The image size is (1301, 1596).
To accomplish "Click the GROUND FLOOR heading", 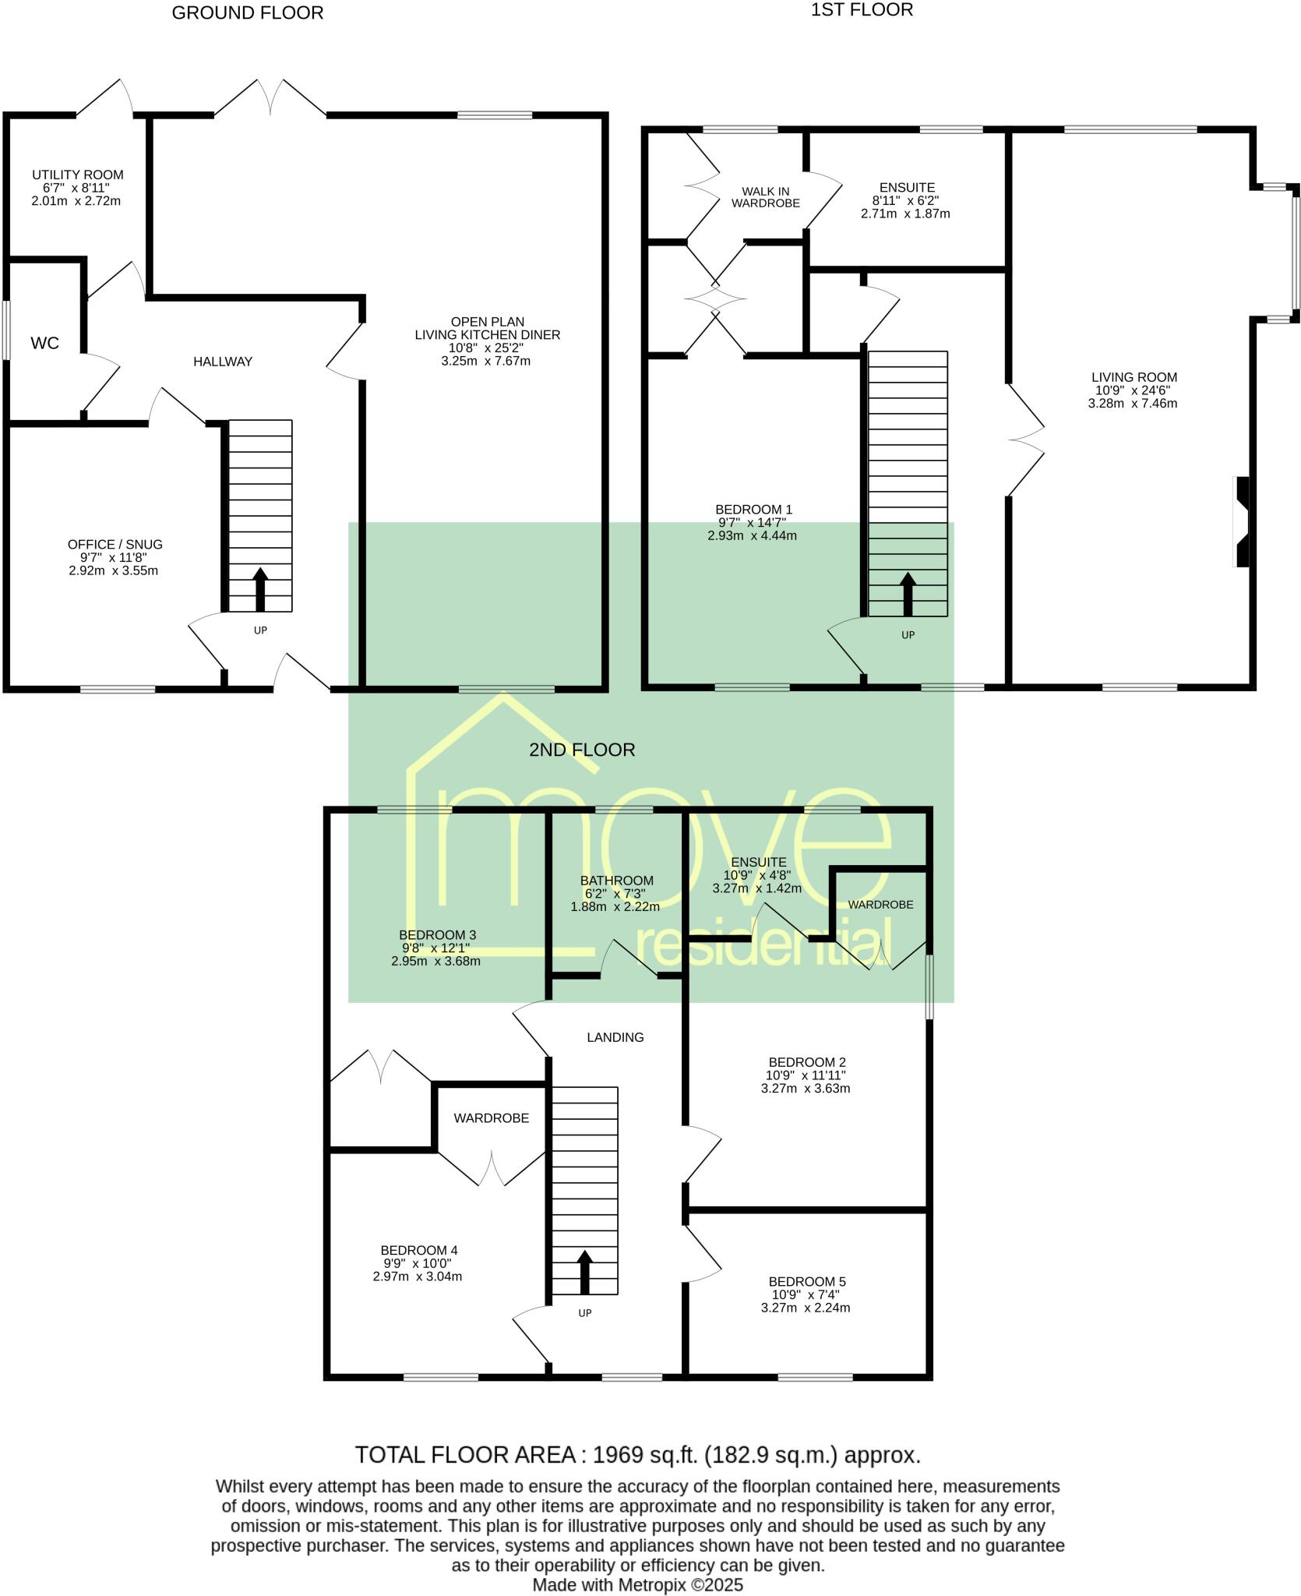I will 247,13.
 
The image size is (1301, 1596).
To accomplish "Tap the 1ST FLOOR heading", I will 862,10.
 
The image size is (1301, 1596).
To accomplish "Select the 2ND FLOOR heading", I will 582,750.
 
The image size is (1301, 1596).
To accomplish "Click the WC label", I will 44,343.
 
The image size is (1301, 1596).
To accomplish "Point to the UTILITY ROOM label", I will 77,175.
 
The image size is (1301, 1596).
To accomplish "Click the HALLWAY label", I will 223,362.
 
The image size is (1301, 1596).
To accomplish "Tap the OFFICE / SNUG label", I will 115,544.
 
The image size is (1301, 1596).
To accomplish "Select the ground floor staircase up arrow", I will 260,589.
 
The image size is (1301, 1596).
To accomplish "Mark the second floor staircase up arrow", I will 584,1272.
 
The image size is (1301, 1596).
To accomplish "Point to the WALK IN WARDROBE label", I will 770,197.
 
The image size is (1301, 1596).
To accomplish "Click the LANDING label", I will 615,1037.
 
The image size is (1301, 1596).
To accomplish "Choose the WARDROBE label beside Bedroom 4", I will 491,1118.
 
